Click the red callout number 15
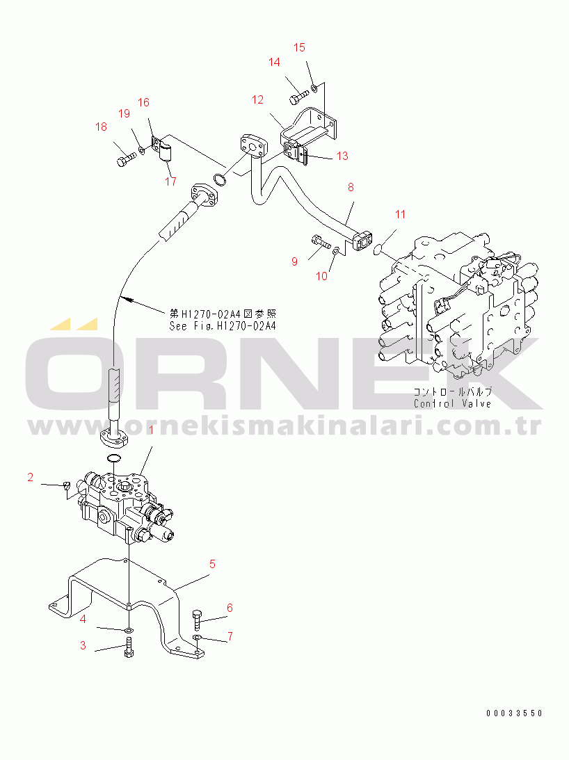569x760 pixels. [299, 47]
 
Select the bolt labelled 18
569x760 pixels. [127, 159]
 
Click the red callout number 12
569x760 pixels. [257, 99]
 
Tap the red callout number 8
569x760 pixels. [351, 187]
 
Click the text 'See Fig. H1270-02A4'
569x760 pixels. [223, 325]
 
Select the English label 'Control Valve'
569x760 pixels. [452, 403]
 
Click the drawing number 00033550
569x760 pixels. [514, 713]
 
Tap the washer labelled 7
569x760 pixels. [196, 637]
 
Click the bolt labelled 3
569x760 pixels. [129, 647]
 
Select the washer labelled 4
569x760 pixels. [129, 631]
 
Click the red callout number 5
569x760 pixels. [212, 564]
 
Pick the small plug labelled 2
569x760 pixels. [67, 485]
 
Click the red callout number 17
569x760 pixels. [170, 181]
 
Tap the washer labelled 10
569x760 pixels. [335, 250]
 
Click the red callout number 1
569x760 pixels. [151, 430]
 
